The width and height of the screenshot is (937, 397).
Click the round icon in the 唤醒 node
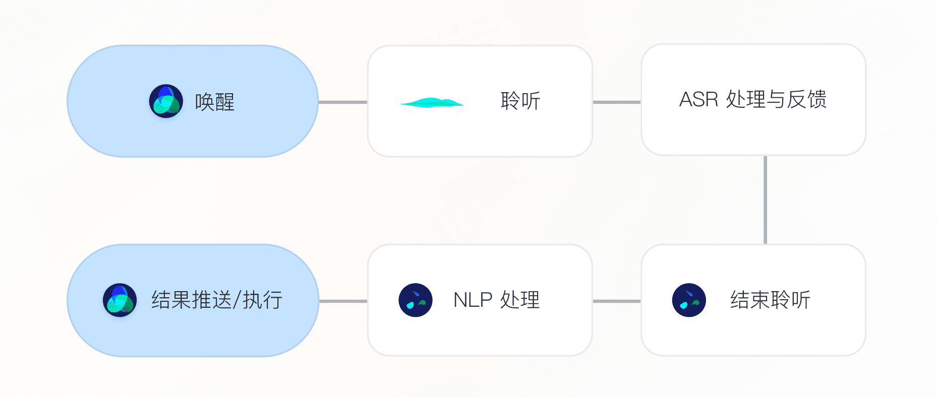tap(166, 101)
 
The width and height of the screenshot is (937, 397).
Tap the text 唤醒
tap(215, 102)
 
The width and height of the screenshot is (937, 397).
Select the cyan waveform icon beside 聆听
tap(432, 103)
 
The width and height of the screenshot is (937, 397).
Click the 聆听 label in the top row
tap(520, 101)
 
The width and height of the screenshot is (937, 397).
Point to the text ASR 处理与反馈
tap(753, 99)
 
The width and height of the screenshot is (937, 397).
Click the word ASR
tap(698, 100)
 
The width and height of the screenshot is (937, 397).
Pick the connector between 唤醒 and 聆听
tap(343, 102)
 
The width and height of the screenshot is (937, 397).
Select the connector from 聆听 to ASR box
tap(616, 102)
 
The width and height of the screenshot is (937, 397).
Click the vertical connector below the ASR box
tap(765, 200)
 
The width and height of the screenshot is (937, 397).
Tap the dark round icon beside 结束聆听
tap(689, 300)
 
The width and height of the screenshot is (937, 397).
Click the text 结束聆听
tap(770, 300)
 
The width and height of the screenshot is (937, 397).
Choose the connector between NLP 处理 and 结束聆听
tap(616, 301)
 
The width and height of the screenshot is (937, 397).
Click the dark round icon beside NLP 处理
tap(416, 300)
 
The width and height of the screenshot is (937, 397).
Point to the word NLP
tap(473, 300)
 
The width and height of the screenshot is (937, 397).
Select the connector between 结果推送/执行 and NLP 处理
tap(343, 301)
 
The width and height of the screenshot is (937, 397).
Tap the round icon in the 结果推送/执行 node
tap(120, 300)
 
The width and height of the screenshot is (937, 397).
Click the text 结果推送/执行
tap(217, 300)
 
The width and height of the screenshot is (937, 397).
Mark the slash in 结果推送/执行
tap(238, 300)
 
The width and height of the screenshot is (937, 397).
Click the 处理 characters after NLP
tap(520, 300)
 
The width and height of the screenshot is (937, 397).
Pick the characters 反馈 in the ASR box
tap(807, 99)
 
